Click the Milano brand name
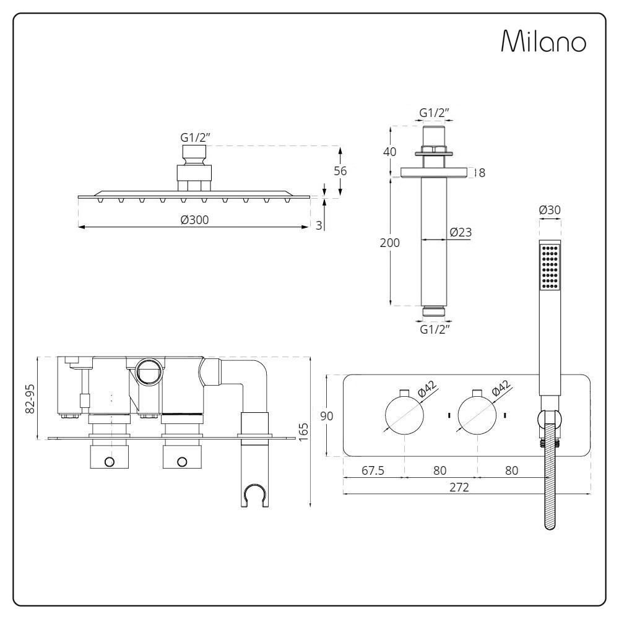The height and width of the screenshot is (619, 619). click(543, 40)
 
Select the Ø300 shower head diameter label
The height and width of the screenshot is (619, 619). click(194, 220)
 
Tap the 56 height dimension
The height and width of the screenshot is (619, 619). click(340, 171)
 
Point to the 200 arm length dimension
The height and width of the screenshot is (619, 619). click(389, 243)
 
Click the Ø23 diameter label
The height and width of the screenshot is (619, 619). click(461, 232)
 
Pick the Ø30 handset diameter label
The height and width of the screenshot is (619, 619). click(550, 210)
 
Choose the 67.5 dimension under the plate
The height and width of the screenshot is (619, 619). click(373, 470)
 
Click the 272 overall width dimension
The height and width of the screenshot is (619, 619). click(459, 487)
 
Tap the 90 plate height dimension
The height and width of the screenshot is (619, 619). click(327, 416)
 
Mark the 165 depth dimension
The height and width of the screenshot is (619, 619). click(303, 432)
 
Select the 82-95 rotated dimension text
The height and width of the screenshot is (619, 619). click(30, 399)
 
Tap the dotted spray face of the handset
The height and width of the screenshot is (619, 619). click(550, 266)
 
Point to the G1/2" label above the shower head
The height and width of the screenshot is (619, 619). click(195, 138)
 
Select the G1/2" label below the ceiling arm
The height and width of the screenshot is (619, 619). click(435, 329)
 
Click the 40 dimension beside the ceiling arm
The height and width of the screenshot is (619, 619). click(389, 152)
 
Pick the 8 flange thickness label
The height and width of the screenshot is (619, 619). click(482, 173)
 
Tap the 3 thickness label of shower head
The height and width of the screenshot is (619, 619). click(319, 225)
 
